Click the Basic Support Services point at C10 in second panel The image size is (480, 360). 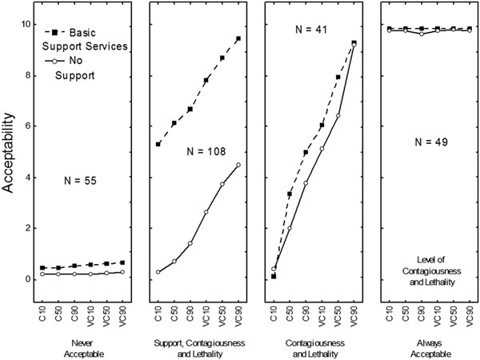coord(158,144)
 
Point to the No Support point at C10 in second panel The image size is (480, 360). coord(158,272)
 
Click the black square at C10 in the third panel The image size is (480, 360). coord(274,276)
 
